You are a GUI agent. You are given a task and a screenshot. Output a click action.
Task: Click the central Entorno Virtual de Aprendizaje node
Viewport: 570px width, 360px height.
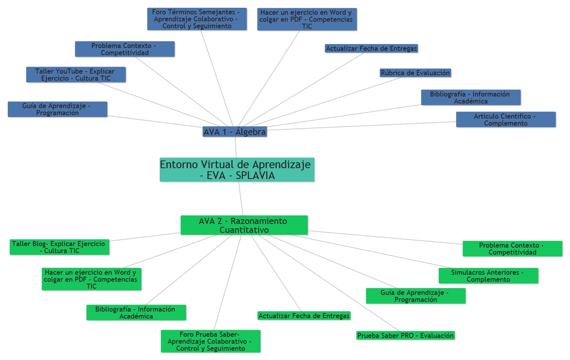click(x=237, y=169)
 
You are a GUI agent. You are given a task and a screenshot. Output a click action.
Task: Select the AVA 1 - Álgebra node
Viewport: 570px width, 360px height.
click(x=235, y=132)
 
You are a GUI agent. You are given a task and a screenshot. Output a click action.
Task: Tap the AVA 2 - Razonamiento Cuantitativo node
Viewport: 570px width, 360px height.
click(x=244, y=225)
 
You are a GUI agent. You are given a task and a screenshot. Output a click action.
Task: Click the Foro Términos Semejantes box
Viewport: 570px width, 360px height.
click(x=197, y=19)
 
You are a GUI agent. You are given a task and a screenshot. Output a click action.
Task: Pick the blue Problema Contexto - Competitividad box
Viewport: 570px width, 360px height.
click(x=125, y=49)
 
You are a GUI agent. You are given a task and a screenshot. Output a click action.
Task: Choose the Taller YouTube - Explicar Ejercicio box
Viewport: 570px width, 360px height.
click(x=76, y=75)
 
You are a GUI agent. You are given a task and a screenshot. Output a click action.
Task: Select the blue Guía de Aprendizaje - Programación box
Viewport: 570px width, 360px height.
click(x=57, y=109)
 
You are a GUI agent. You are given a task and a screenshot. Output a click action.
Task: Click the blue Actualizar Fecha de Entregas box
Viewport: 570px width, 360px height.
click(x=371, y=48)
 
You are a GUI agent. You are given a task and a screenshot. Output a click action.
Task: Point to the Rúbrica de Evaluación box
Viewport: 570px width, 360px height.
click(x=415, y=73)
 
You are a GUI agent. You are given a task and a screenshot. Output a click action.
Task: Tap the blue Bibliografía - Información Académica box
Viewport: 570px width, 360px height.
click(x=471, y=98)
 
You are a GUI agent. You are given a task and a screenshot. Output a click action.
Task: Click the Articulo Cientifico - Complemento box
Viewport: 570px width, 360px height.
click(x=506, y=120)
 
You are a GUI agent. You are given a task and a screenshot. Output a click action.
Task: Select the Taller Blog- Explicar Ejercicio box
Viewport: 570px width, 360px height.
click(x=59, y=247)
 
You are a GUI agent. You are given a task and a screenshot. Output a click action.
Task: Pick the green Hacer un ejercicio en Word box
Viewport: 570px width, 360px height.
click(x=91, y=279)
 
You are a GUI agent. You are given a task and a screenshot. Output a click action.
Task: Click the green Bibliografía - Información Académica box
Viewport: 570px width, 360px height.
click(x=136, y=313)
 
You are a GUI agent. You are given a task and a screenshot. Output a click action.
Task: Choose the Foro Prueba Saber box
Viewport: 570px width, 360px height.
click(x=210, y=341)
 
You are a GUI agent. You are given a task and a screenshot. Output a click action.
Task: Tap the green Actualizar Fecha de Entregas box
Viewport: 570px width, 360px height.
click(x=304, y=316)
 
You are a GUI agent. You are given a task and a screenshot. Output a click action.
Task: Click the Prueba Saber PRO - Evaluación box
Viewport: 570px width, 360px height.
click(x=405, y=336)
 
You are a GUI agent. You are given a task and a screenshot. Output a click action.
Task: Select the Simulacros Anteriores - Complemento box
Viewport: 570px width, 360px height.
click(x=488, y=276)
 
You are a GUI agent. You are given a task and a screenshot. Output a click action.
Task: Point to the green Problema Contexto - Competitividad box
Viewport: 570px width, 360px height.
click(x=512, y=249)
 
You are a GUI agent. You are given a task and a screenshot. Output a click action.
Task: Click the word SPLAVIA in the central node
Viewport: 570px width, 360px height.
click(x=255, y=176)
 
